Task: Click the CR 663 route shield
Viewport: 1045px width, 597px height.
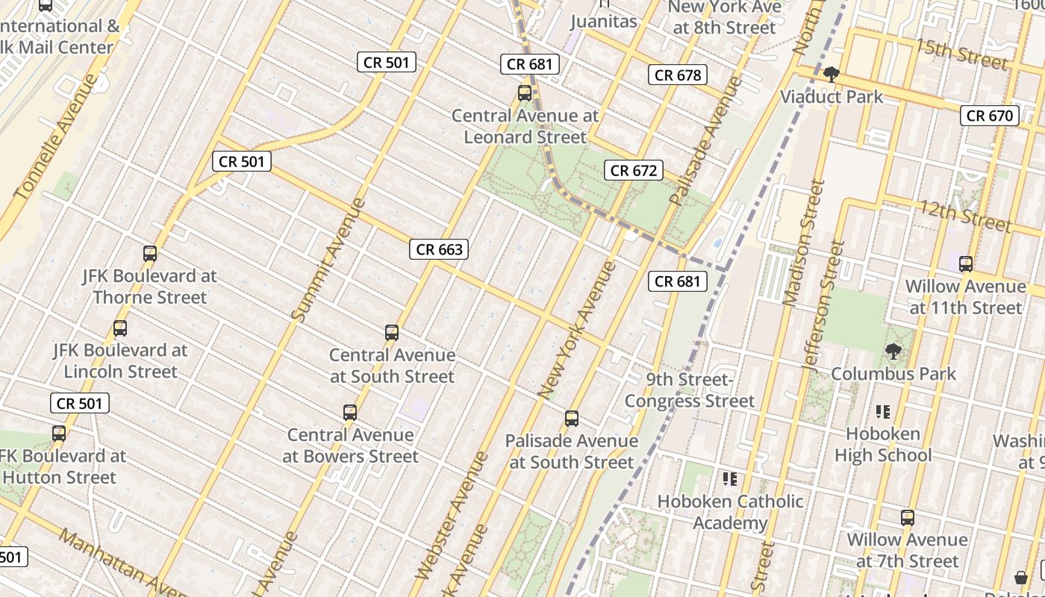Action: (x=439, y=249)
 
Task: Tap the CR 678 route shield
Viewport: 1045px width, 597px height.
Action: (x=678, y=75)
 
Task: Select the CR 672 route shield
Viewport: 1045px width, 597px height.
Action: (x=634, y=170)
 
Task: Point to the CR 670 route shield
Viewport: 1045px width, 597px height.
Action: (x=990, y=115)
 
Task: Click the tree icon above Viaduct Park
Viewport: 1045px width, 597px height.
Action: (x=831, y=74)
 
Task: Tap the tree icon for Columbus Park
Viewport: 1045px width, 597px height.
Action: (x=893, y=351)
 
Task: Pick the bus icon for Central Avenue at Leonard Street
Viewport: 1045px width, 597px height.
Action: (x=525, y=93)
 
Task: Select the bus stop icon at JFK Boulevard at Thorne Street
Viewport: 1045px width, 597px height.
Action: (x=150, y=254)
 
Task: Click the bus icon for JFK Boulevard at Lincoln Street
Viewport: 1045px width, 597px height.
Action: (x=120, y=328)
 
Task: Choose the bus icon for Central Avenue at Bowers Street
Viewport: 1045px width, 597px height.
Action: (x=350, y=412)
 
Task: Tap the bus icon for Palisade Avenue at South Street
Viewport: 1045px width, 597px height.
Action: (x=572, y=418)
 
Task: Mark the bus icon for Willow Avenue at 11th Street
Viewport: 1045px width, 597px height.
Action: (x=966, y=263)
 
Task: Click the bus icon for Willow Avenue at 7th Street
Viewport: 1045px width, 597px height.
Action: (x=908, y=517)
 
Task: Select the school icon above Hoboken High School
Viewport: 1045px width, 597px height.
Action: (x=883, y=411)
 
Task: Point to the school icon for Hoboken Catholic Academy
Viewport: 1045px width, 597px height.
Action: (x=729, y=479)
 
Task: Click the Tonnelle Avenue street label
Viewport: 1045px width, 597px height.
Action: (x=55, y=137)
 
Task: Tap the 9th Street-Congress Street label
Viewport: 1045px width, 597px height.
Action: (x=690, y=390)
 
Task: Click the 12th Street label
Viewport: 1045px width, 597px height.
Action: (x=965, y=215)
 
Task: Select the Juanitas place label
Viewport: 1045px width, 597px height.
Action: (x=604, y=21)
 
